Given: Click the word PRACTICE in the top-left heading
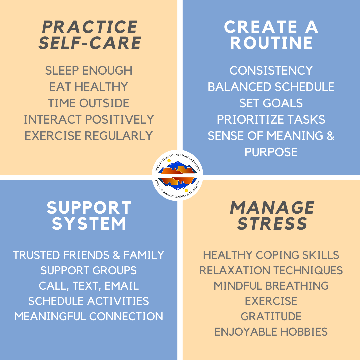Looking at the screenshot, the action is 90,27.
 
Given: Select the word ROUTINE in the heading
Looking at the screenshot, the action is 271,43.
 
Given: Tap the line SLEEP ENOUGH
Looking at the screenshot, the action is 89,70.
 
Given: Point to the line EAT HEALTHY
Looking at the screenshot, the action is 89,87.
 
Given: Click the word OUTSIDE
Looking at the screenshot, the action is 104,103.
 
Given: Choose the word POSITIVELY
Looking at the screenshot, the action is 119,119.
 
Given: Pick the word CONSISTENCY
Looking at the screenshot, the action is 271,70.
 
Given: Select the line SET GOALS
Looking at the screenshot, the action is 271,103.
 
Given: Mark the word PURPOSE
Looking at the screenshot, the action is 271,152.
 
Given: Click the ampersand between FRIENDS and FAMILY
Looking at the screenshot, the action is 116,255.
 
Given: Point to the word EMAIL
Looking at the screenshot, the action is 122,286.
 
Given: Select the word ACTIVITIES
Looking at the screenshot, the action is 118,301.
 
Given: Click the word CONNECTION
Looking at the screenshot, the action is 126,316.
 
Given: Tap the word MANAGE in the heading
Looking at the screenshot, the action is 272,208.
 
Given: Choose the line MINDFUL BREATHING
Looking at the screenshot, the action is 271,286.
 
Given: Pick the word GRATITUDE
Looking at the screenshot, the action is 271,316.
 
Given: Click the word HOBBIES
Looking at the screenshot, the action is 304,332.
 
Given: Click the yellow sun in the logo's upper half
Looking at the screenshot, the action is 169,161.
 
